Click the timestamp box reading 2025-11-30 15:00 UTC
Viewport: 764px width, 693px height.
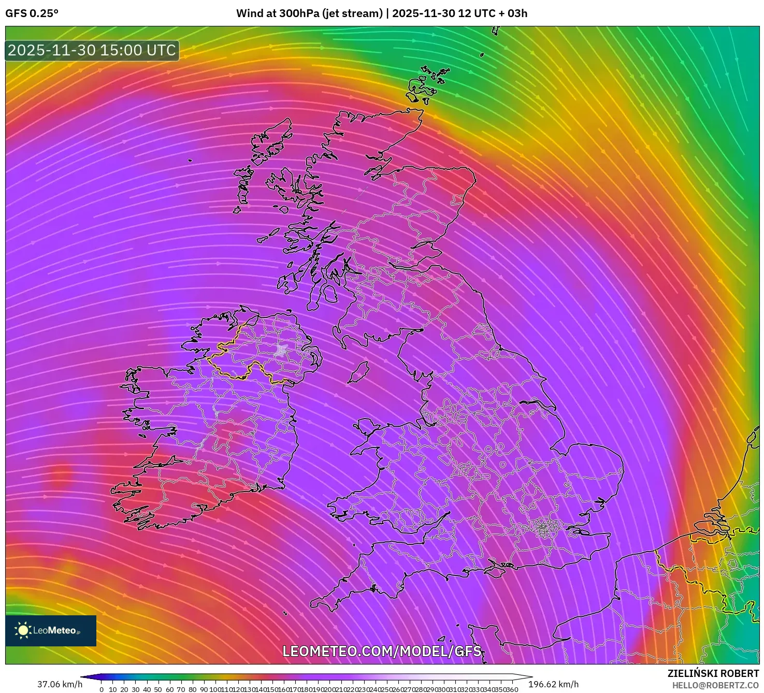coord(92,50)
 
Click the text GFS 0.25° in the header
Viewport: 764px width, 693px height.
coord(32,13)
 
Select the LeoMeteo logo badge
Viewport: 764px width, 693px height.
coord(51,630)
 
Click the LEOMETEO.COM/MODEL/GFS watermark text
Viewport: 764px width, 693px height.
coord(382,651)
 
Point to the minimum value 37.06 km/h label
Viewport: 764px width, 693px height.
coord(60,684)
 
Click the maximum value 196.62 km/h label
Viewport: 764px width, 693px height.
coord(553,684)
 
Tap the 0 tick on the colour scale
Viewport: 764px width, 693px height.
coord(102,689)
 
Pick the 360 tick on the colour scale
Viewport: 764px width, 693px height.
coord(512,689)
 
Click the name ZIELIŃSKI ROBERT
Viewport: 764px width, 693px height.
coord(713,673)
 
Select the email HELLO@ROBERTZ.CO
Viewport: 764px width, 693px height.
coord(715,685)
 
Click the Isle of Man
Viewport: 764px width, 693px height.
coord(358,372)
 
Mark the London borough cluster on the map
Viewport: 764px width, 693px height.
coord(543,529)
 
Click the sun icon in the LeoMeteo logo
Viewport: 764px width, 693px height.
coord(23,630)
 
